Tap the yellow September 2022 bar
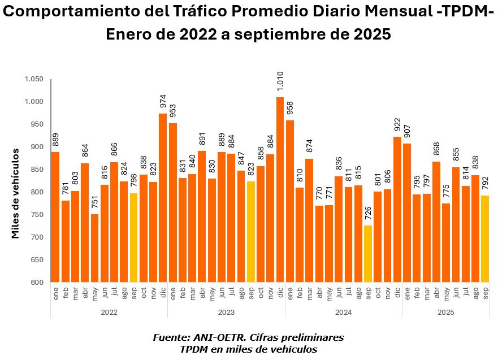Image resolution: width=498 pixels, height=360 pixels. point(133,237)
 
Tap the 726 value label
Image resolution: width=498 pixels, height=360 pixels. point(368,213)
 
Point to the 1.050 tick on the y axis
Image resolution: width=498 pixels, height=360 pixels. point(34,79)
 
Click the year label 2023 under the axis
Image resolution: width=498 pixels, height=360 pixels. point(226,311)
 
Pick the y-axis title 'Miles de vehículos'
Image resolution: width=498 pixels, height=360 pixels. point(16,192)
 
